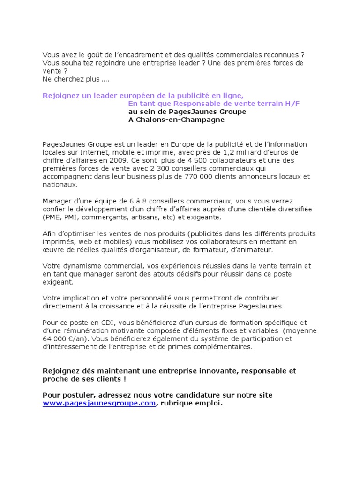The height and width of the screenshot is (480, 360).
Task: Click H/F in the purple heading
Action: pos(291,104)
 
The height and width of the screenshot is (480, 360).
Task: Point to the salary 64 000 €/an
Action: pos(64,338)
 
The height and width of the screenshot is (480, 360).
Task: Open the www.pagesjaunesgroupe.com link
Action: pos(99,403)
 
